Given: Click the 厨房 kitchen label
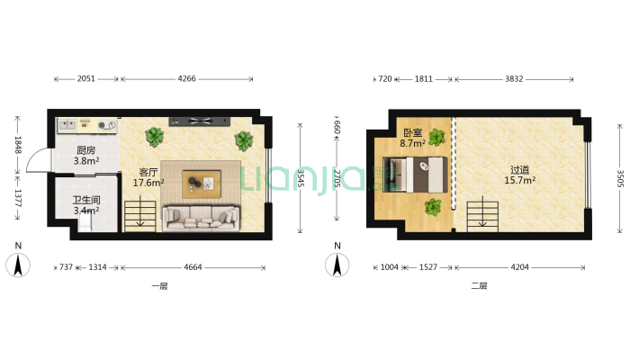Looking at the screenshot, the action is [x=86, y=151].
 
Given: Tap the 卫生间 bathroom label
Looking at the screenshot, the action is [x=86, y=200].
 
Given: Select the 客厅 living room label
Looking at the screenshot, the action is [x=148, y=173].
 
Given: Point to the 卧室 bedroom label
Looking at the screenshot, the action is [x=413, y=133].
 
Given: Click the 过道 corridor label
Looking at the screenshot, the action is [x=519, y=169].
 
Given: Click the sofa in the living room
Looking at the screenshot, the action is [x=202, y=218].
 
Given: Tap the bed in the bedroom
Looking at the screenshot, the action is [x=415, y=175].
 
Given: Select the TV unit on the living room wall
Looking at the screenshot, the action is [x=200, y=121].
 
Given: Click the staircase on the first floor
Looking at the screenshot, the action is [x=140, y=216].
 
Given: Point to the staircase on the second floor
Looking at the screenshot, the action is [x=483, y=217].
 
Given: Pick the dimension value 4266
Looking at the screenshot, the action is [x=186, y=78].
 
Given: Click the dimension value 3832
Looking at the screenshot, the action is [x=514, y=78].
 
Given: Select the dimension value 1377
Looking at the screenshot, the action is [x=18, y=198].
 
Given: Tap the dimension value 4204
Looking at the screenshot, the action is [x=519, y=267].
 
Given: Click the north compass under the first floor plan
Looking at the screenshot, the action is [x=18, y=265].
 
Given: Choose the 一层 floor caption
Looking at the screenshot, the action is [x=159, y=286].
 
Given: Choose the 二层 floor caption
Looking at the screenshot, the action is [x=479, y=286].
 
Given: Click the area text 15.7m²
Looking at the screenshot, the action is [x=520, y=180].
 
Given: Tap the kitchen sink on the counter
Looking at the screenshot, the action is [x=67, y=125].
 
